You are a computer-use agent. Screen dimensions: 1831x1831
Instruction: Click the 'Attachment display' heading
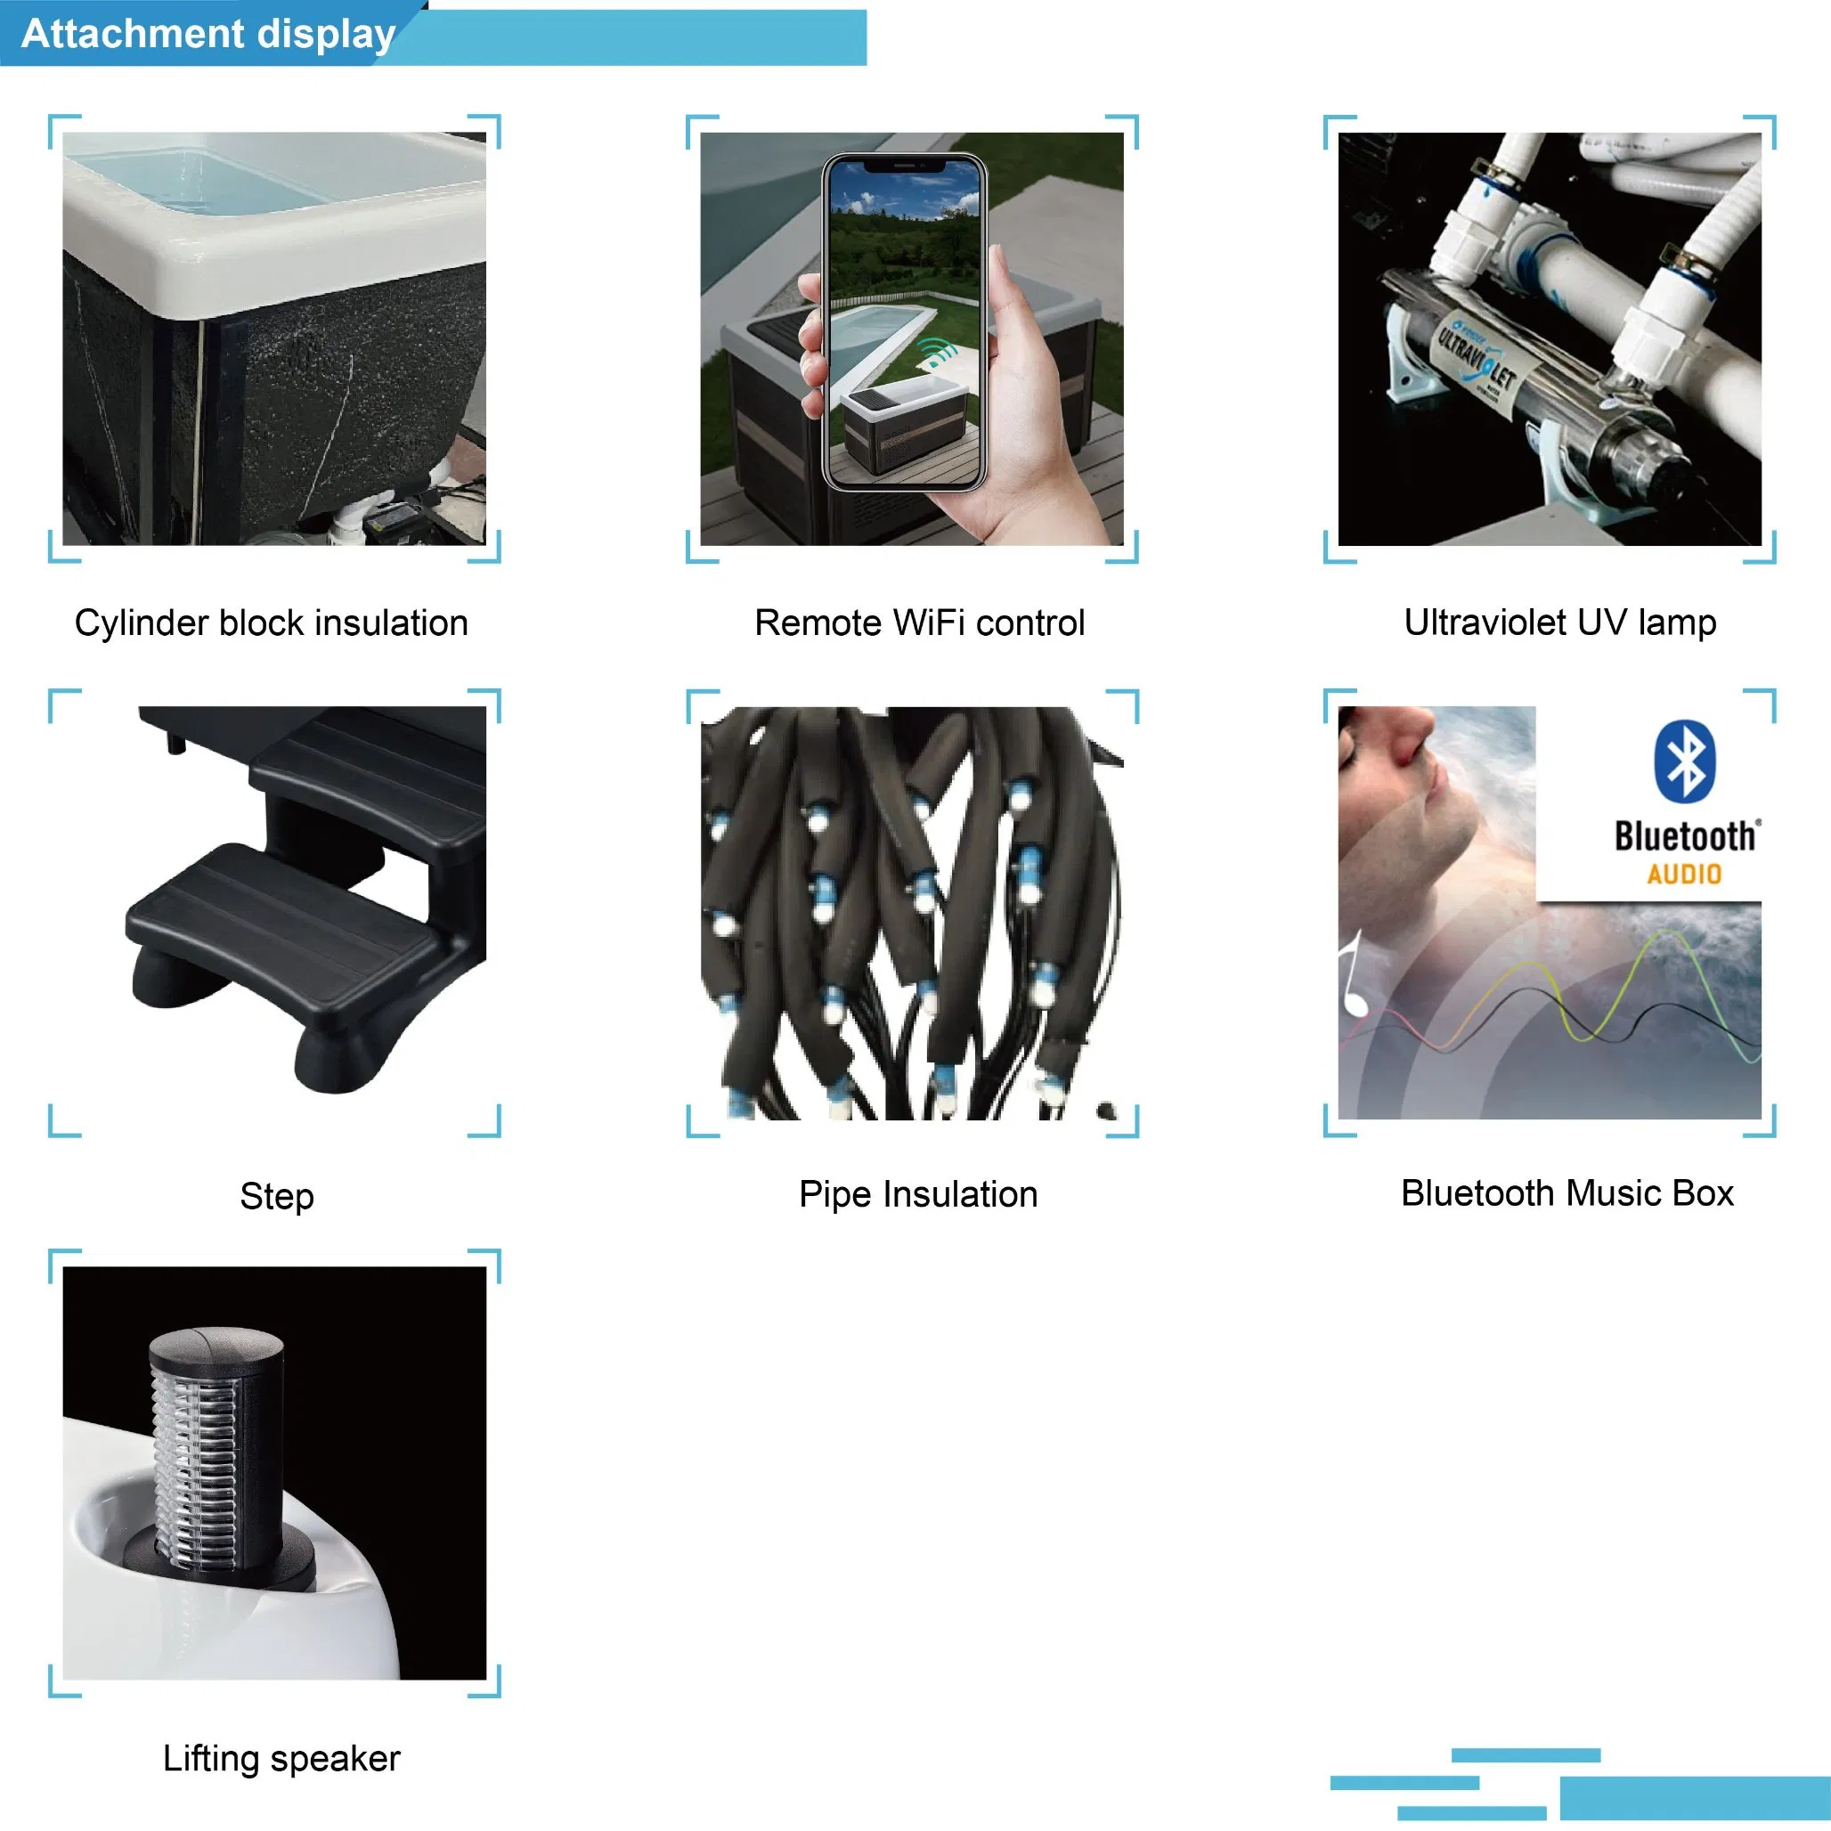[x=208, y=34]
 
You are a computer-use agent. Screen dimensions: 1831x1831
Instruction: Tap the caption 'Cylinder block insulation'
[x=271, y=623]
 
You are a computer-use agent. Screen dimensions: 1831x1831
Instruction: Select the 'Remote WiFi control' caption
[x=919, y=623]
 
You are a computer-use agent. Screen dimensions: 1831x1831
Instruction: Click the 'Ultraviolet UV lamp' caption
[x=1560, y=623]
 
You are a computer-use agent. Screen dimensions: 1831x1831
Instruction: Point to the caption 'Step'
[x=277, y=1196]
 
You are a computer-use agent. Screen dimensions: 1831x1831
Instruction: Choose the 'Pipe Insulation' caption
[x=918, y=1194]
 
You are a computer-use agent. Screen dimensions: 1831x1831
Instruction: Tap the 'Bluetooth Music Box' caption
[x=1567, y=1193]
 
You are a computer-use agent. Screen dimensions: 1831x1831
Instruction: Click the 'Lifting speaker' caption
[x=281, y=1758]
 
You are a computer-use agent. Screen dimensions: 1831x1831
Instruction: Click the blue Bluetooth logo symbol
[x=1685, y=761]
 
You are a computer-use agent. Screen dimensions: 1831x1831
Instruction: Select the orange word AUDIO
[x=1684, y=874]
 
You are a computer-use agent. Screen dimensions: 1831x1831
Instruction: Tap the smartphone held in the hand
[x=904, y=322]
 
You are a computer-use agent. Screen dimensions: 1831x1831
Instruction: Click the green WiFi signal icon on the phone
[x=940, y=352]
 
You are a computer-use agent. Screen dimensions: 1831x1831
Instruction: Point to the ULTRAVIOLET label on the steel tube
[x=1478, y=361]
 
